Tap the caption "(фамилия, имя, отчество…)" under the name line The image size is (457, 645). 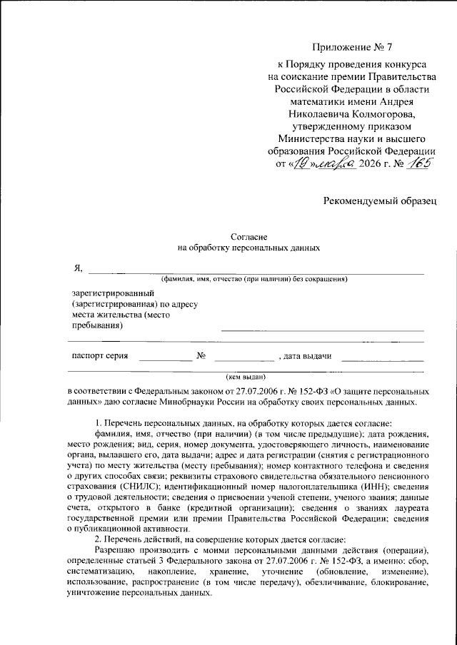253,280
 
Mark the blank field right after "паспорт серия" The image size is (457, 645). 165,359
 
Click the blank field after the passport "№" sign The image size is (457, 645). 243,359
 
